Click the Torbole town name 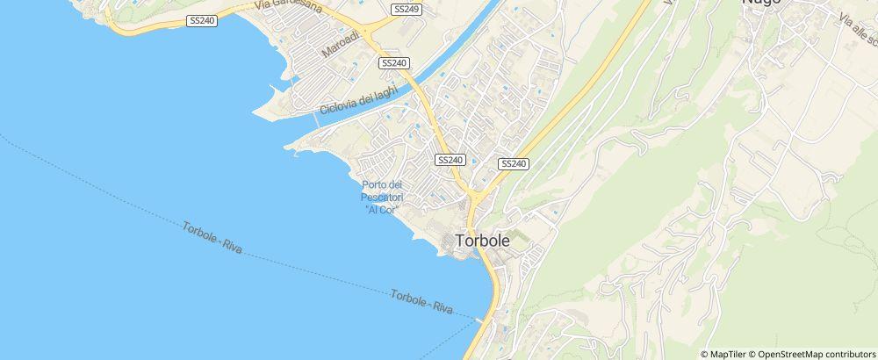481,240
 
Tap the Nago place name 760,4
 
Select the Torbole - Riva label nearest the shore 421,303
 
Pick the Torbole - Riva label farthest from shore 212,239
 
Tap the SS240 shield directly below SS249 394,63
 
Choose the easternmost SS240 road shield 513,164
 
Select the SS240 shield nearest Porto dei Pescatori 449,160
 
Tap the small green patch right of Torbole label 518,236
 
